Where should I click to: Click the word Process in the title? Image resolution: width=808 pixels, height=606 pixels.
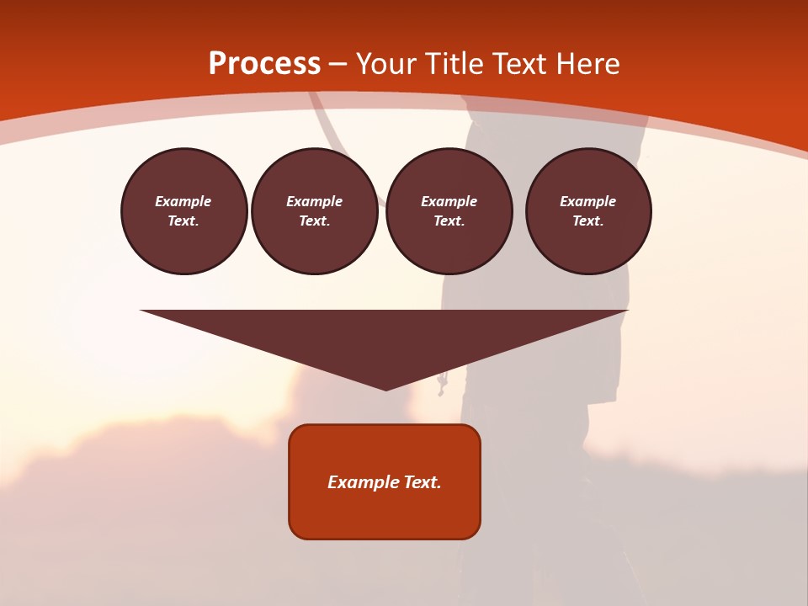coord(264,63)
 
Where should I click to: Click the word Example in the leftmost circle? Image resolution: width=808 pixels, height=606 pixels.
coord(183,201)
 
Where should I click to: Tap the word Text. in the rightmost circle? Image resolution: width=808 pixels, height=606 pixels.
coord(588,221)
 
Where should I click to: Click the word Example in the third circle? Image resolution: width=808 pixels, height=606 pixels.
coord(449,201)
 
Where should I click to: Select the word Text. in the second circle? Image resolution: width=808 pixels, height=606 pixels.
coord(315,221)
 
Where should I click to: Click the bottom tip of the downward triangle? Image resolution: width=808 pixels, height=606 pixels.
coord(385,388)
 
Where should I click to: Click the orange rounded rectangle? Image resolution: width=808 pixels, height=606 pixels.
coord(385,513)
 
